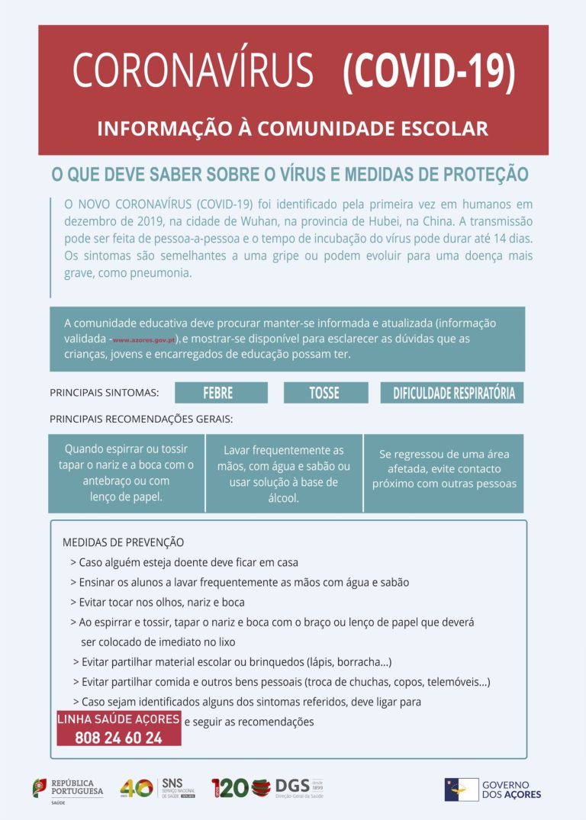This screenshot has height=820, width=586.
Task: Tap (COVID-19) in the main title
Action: (429, 72)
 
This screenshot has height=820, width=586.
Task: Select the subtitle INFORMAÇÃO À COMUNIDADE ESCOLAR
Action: (292, 128)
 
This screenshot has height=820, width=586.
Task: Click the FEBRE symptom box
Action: (221, 393)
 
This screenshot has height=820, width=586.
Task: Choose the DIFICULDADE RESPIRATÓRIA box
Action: (452, 393)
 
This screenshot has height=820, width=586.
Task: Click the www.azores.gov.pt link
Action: (144, 339)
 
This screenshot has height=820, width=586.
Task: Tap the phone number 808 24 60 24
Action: (118, 738)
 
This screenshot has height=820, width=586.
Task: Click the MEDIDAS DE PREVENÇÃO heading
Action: (123, 542)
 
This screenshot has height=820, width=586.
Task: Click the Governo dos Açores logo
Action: (493, 789)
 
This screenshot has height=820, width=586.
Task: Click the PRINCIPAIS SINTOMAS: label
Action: (104, 393)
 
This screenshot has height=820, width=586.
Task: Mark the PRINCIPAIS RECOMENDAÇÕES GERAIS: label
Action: (141, 419)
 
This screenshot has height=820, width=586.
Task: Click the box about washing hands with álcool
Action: (284, 474)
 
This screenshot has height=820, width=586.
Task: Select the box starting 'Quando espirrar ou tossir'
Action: (126, 473)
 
